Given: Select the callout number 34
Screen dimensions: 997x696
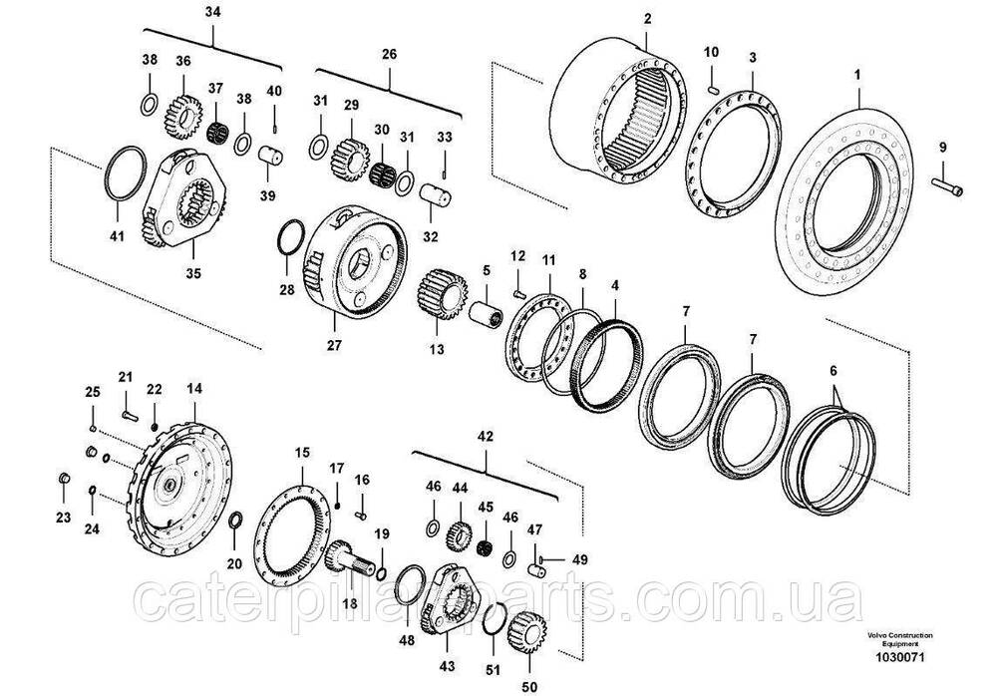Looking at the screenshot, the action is [213, 12].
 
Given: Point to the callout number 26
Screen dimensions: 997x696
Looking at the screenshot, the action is [389, 54].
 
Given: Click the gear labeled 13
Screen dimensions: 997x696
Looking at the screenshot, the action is [443, 294].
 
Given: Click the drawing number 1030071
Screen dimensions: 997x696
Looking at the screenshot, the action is [899, 657].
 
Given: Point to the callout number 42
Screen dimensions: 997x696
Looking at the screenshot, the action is [486, 437].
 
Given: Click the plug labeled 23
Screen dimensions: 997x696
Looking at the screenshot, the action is [64, 478].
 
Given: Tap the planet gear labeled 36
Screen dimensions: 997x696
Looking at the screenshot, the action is [183, 117].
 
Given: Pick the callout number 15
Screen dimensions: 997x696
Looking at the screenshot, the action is [302, 453].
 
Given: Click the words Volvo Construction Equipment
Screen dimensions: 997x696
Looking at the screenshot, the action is [899, 639].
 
